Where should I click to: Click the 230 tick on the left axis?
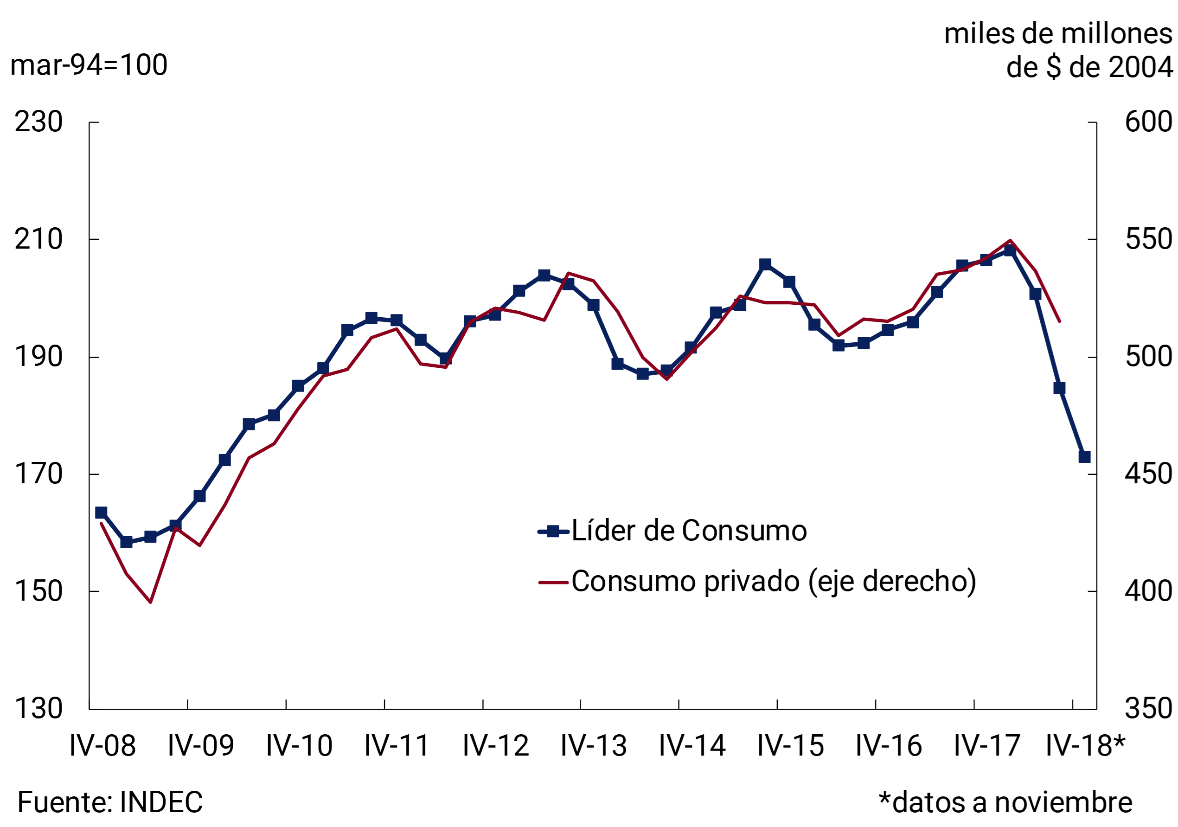[x=38, y=122]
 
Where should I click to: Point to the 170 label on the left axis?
[x=38, y=474]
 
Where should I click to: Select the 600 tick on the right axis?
[x=1148, y=122]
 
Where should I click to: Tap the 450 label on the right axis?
[x=1148, y=474]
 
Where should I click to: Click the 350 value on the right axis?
[x=1148, y=708]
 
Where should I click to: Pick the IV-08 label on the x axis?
[x=102, y=746]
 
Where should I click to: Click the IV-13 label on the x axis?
[x=594, y=746]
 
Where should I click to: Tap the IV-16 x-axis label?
[x=889, y=746]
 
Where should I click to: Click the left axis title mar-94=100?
[x=89, y=65]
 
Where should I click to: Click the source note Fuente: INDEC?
[x=110, y=802]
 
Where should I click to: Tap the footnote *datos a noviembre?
[x=1005, y=802]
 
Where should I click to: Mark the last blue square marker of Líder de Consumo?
[x=1084, y=456]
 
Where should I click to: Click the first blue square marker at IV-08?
[x=101, y=513]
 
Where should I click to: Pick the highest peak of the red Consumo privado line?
[x=1010, y=240]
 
